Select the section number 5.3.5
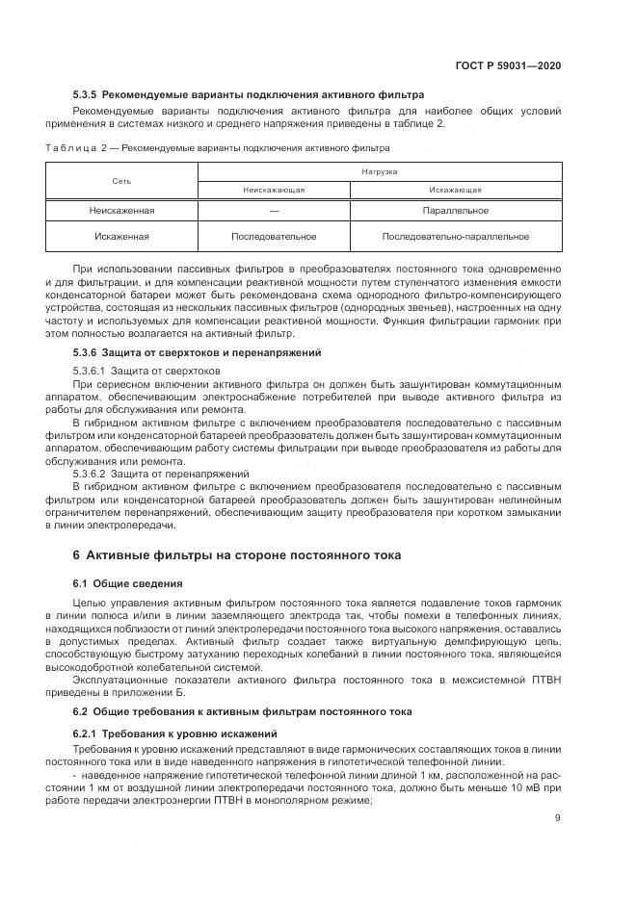pos(87,95)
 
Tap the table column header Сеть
pos(121,181)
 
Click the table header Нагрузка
pos(380,170)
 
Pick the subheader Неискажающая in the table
pos(274,190)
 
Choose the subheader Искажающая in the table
pos(456,190)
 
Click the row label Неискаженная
pos(121,210)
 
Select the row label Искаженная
pos(121,236)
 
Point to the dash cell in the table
pos(274,210)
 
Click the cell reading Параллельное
pos(456,210)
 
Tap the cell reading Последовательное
pos(274,236)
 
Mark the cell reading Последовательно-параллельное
pos(456,236)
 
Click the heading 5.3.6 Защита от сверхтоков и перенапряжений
pos(196,353)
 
